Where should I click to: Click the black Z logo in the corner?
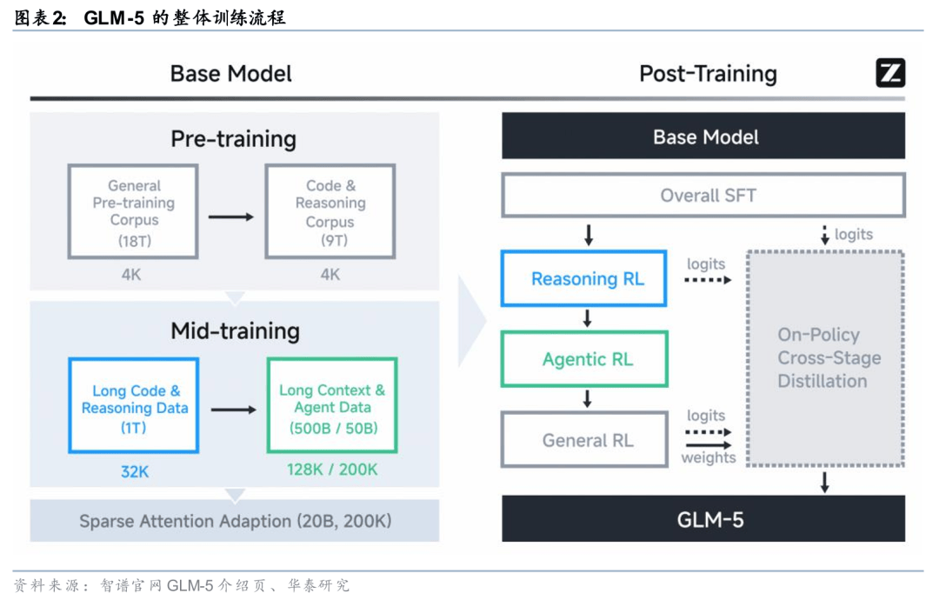[x=889, y=74]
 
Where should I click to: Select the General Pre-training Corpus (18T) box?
[x=134, y=211]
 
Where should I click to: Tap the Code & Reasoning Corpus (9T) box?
[x=330, y=211]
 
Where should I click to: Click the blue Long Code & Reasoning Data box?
[x=134, y=406]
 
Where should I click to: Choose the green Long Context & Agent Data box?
[x=332, y=406]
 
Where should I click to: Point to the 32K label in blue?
[x=134, y=471]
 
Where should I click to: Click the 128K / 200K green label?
[x=332, y=470]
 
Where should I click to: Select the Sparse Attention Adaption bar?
[x=235, y=521]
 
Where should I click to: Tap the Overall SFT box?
[x=703, y=195]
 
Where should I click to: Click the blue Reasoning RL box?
[x=587, y=279]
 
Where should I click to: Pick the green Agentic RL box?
[x=587, y=359]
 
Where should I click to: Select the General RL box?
[x=587, y=440]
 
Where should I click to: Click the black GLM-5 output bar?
[x=703, y=520]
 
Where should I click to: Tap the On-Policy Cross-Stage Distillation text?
[x=816, y=358]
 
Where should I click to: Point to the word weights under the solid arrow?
[x=708, y=458]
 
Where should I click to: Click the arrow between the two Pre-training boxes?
[x=230, y=217]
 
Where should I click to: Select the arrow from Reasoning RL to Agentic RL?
[x=588, y=318]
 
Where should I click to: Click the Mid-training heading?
[x=235, y=330]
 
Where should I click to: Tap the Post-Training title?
[x=708, y=74]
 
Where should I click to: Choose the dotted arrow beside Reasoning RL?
[x=708, y=280]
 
